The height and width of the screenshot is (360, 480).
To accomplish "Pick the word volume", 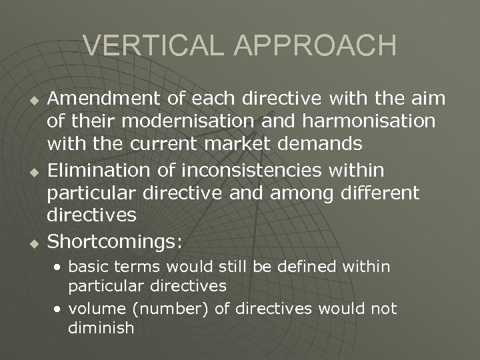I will click(x=91, y=309).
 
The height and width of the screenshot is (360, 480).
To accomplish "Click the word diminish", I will click(x=101, y=327).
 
